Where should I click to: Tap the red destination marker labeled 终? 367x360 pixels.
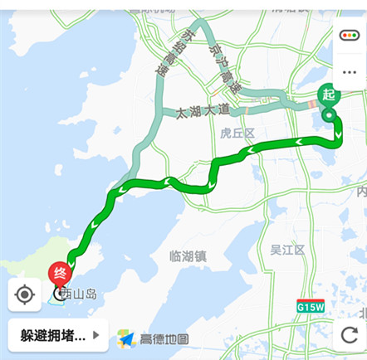pyautogui.click(x=61, y=271)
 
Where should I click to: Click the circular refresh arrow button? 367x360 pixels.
pyautogui.click(x=349, y=334)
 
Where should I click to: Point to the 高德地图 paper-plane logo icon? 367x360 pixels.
pyautogui.click(x=126, y=338)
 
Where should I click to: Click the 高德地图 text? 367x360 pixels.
pyautogui.click(x=164, y=338)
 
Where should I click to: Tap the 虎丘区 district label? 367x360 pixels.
pyautogui.click(x=237, y=133)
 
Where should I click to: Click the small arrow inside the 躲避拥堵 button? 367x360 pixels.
pyautogui.click(x=96, y=336)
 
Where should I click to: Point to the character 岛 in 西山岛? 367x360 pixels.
pyautogui.click(x=91, y=294)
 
